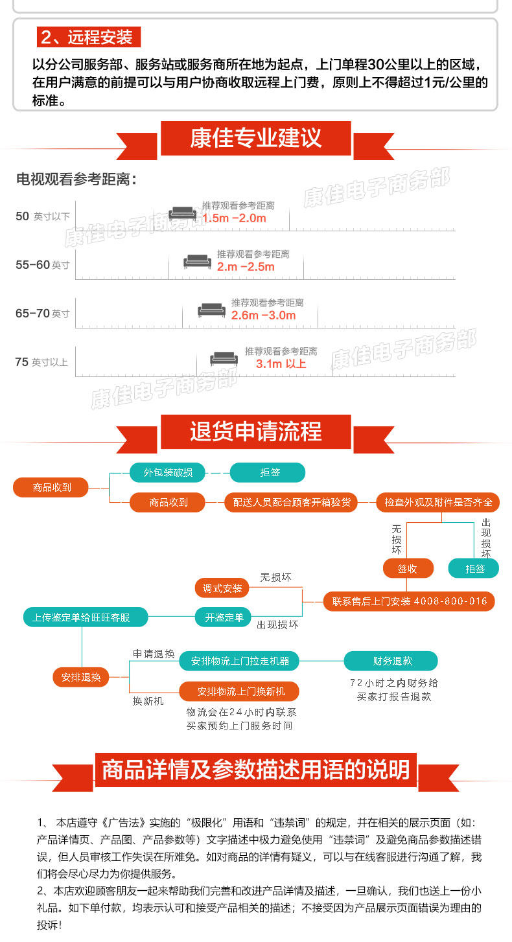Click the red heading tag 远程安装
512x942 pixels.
tap(88, 37)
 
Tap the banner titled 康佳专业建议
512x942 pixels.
tap(255, 139)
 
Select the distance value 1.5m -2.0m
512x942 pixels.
tap(234, 218)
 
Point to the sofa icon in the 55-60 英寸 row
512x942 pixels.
tap(197, 262)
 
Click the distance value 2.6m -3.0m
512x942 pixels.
tap(263, 316)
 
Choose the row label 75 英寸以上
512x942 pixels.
tap(41, 362)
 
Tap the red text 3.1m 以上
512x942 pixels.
tap(281, 364)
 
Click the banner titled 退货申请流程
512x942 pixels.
tap(255, 432)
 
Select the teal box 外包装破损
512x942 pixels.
tap(167, 472)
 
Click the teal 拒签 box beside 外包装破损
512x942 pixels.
tap(268, 472)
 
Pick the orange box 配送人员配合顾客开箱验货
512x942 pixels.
tap(291, 502)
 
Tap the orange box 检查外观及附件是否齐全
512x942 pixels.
tap(438, 502)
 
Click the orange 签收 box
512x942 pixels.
tap(407, 568)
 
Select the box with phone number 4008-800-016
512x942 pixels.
tap(409, 601)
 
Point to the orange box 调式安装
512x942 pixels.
tap(222, 588)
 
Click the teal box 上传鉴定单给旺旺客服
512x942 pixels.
tap(82, 617)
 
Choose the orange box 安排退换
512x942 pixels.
tap(81, 677)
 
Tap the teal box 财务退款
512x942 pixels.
tap(391, 661)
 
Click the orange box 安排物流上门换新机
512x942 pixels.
tap(240, 691)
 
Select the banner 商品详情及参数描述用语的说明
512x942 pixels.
tap(255, 770)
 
